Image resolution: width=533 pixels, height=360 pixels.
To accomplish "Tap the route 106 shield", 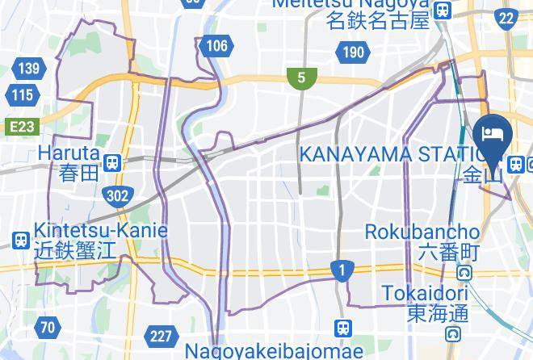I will coord(216,45).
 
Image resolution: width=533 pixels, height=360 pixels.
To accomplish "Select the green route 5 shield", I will coord(301,77).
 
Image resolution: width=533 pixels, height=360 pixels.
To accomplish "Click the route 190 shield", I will coord(353,53).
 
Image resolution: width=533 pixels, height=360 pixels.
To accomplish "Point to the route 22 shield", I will coord(506,17).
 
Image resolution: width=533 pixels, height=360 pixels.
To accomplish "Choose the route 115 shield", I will coord(23,95).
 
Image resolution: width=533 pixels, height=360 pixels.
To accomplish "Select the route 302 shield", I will coord(118,194).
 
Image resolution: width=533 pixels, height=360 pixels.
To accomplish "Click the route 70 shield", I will coord(48,327).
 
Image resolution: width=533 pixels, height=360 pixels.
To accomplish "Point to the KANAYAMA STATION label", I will coord(388,153).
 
